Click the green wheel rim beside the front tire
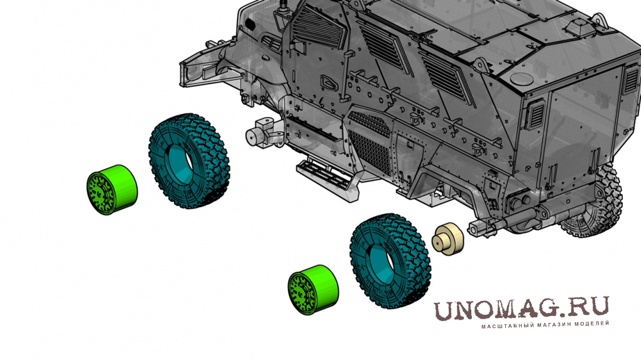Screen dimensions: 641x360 [112, 190]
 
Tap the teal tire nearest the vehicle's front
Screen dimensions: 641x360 [189, 161]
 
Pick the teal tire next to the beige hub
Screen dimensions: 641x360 [390, 261]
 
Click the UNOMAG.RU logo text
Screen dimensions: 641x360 [521, 308]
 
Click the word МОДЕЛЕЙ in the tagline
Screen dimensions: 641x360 [592, 324]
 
